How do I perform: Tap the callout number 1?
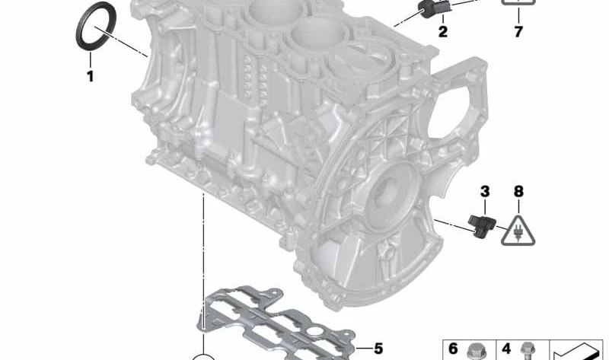[x=90, y=76]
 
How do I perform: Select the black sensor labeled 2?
[x=433, y=8]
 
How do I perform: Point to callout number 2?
[x=442, y=31]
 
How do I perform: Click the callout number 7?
[x=518, y=31]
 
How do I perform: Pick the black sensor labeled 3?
[x=483, y=225]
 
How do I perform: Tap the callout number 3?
[x=485, y=192]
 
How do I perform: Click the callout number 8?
[x=518, y=192]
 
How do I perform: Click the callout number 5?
[x=378, y=349]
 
